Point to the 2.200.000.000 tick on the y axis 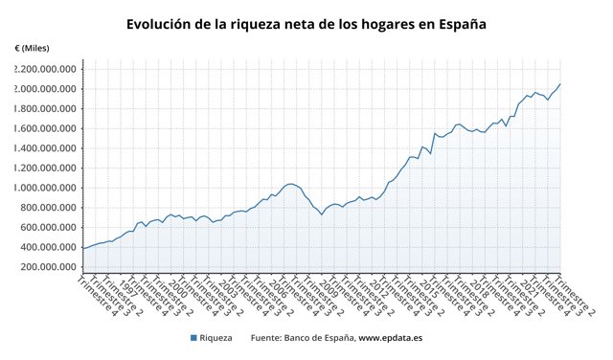tap(45, 69)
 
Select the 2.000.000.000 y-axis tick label tap(45, 89)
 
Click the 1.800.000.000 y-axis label tap(45, 109)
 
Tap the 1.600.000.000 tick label tap(45, 128)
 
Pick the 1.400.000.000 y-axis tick tap(45, 148)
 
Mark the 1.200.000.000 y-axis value tap(45, 168)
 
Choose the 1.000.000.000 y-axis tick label tap(45, 188)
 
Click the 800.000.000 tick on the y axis tap(50, 208)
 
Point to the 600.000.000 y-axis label tap(50, 227)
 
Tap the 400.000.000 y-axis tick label tap(50, 247)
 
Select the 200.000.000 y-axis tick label tap(50, 266)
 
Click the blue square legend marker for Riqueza tap(193, 338)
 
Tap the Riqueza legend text tap(216, 338)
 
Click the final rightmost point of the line tap(560, 84)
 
